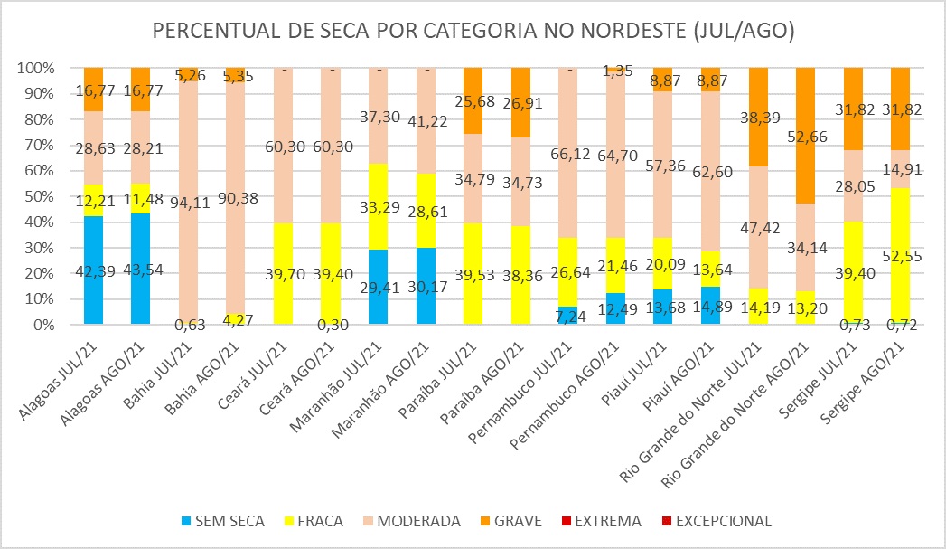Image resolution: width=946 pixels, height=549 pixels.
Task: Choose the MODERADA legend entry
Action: (418, 521)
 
